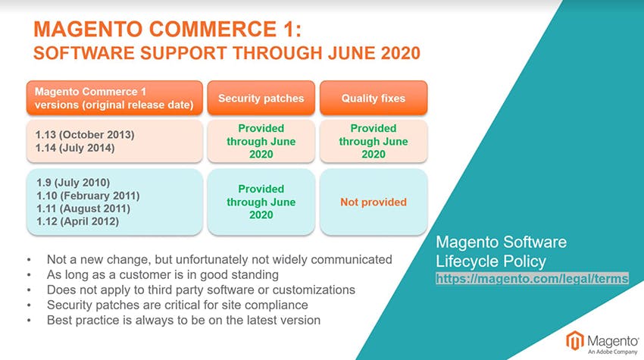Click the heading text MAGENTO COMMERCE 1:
click(x=167, y=29)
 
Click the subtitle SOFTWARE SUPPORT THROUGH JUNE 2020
click(x=227, y=53)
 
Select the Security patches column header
click(x=261, y=99)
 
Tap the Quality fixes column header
click(x=374, y=99)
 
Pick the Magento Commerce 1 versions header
click(x=114, y=98)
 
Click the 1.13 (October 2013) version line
click(x=85, y=135)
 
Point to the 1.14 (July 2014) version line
click(x=75, y=148)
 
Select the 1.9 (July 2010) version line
click(x=73, y=183)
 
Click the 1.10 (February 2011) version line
click(x=88, y=196)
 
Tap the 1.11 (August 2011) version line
click(x=83, y=208)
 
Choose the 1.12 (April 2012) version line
click(x=77, y=221)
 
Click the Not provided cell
click(x=374, y=202)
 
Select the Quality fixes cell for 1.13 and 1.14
click(x=374, y=141)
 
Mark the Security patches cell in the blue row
click(x=261, y=202)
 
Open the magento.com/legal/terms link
click(x=532, y=279)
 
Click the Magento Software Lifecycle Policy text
click(x=501, y=252)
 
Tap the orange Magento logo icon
click(x=575, y=341)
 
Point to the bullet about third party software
click(x=201, y=290)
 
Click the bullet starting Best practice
click(x=183, y=320)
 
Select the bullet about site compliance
click(x=177, y=305)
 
